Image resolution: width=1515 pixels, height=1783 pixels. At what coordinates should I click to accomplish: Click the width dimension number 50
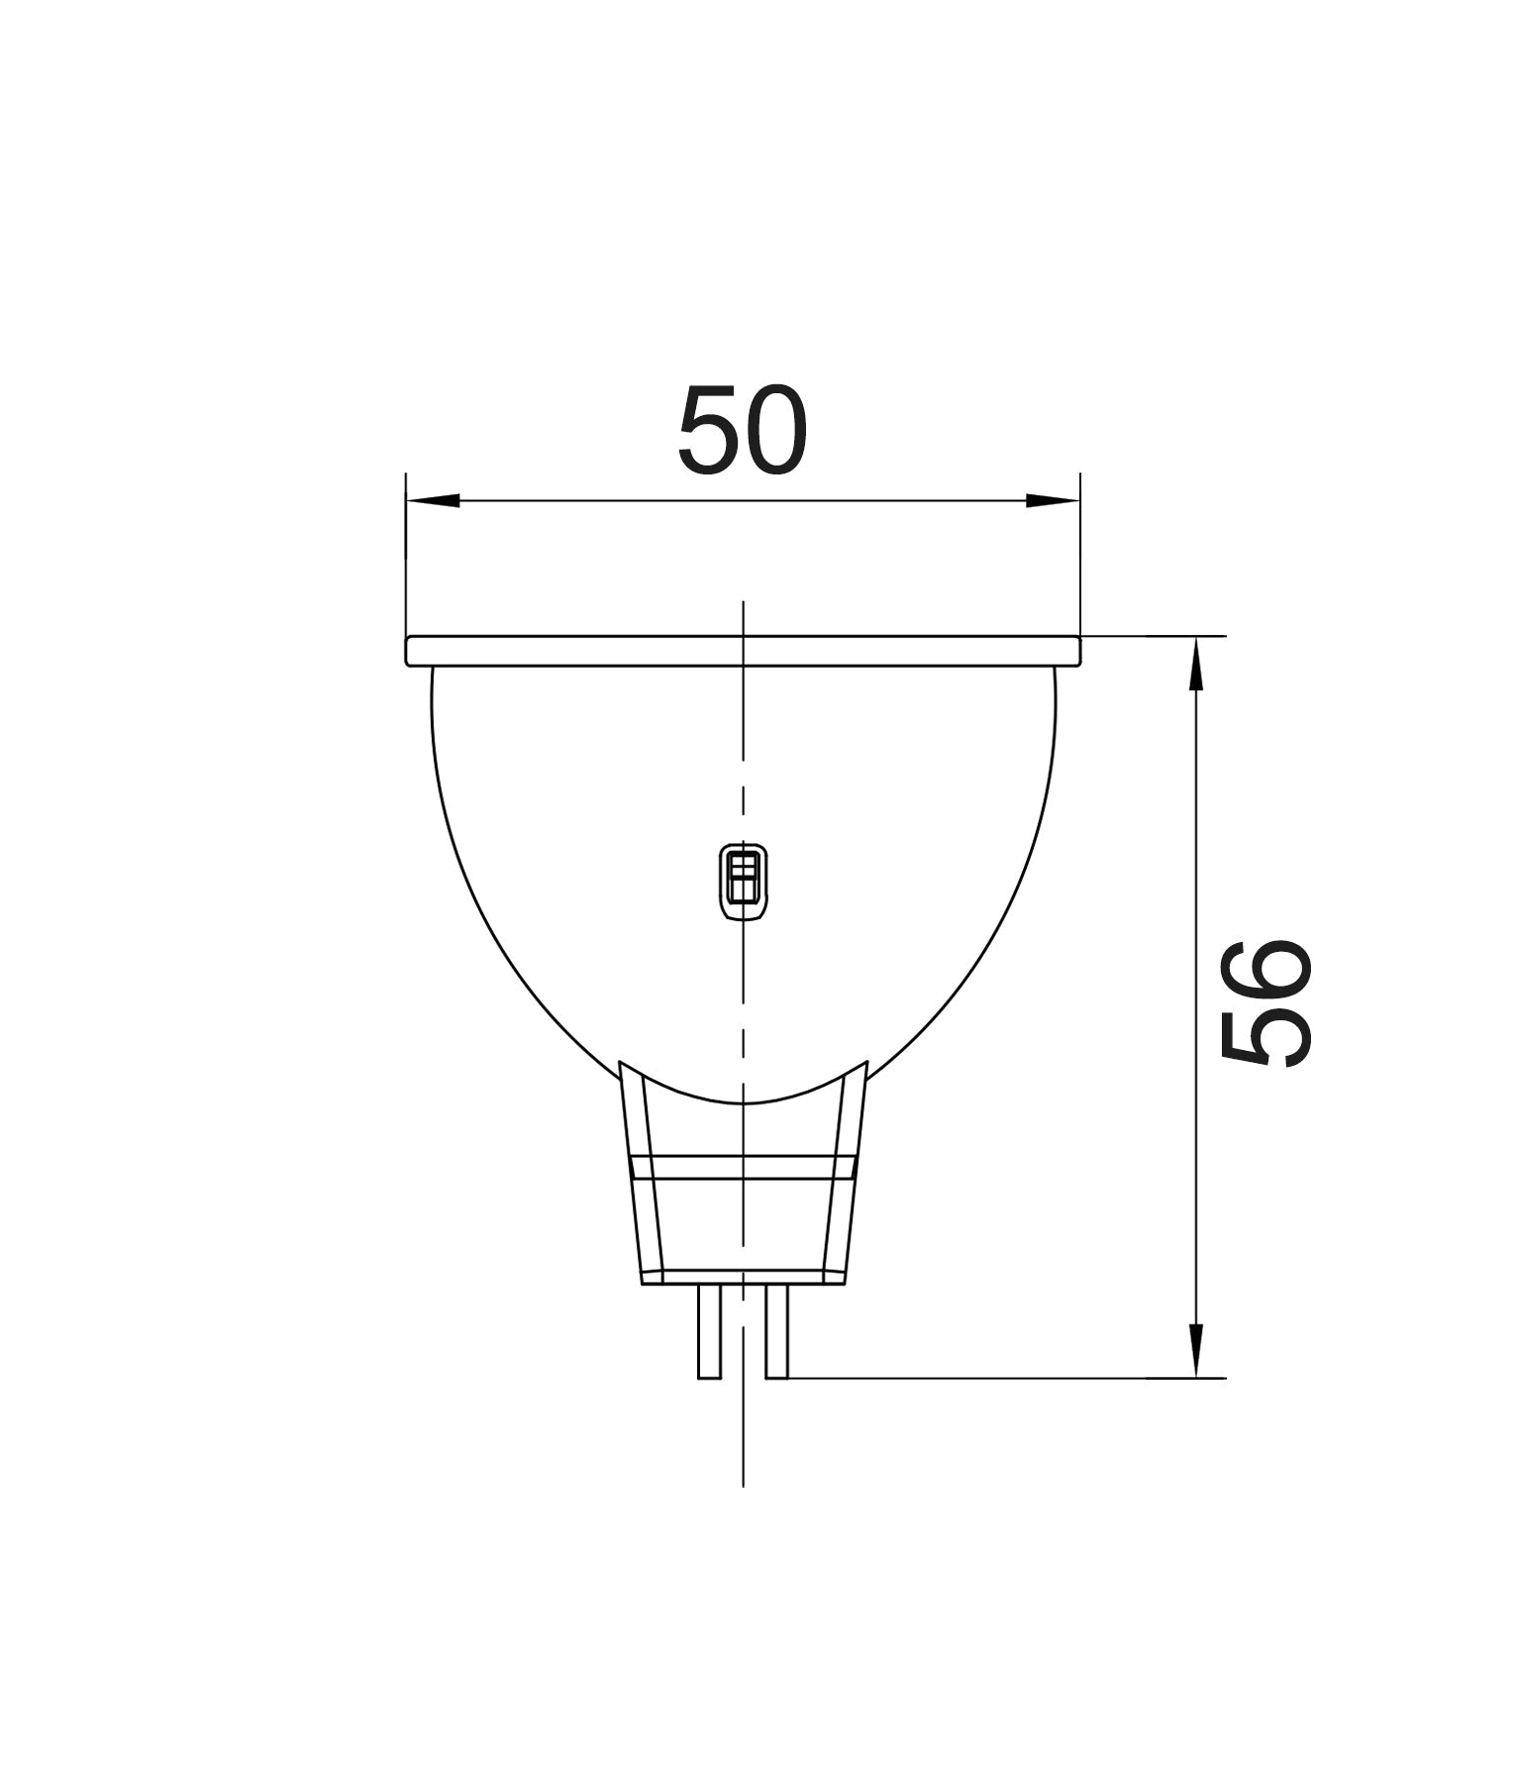pos(743,430)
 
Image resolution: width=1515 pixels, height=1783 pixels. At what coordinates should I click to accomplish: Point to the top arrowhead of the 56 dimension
pos(1196,664)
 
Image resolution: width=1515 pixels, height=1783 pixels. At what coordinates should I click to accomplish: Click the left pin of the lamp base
pos(709,1331)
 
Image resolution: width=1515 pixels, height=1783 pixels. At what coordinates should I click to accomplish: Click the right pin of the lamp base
pos(777,1331)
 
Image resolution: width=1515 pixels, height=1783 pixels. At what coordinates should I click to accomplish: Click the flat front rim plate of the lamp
pos(594,651)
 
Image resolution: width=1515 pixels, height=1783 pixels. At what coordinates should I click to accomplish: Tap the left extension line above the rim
pos(406,555)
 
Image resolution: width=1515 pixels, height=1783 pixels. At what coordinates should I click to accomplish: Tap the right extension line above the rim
pos(1080,555)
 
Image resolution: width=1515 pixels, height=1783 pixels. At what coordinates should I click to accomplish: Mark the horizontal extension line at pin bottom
pos(990,1378)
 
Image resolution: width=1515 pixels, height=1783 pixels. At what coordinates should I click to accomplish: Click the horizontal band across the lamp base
pos(743,1168)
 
